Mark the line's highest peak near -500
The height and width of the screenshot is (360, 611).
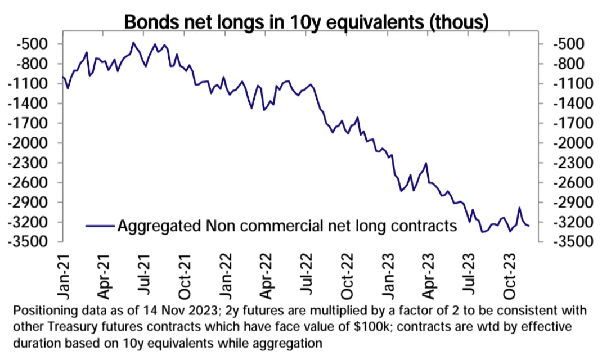click(x=133, y=42)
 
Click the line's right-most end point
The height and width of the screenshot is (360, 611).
click(x=529, y=226)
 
